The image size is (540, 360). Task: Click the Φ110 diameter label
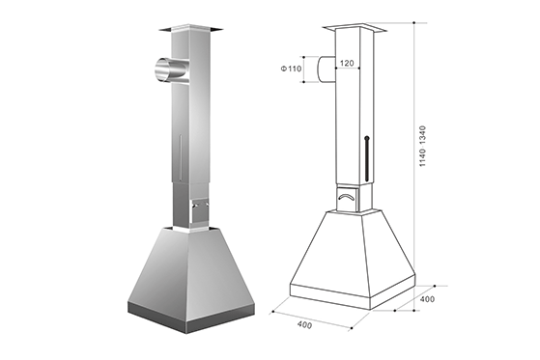tap(291, 69)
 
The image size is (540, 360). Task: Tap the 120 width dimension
tap(347, 63)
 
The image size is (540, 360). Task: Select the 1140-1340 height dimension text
tap(422, 147)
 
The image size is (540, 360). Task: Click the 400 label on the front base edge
tap(305, 324)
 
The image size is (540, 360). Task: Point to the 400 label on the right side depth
tap(427, 299)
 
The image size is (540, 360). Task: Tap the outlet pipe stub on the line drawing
tap(327, 69)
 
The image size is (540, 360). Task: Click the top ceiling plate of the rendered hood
tap(190, 28)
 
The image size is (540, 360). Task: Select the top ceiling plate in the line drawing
tap(355, 28)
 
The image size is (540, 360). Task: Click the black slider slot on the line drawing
tap(367, 159)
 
